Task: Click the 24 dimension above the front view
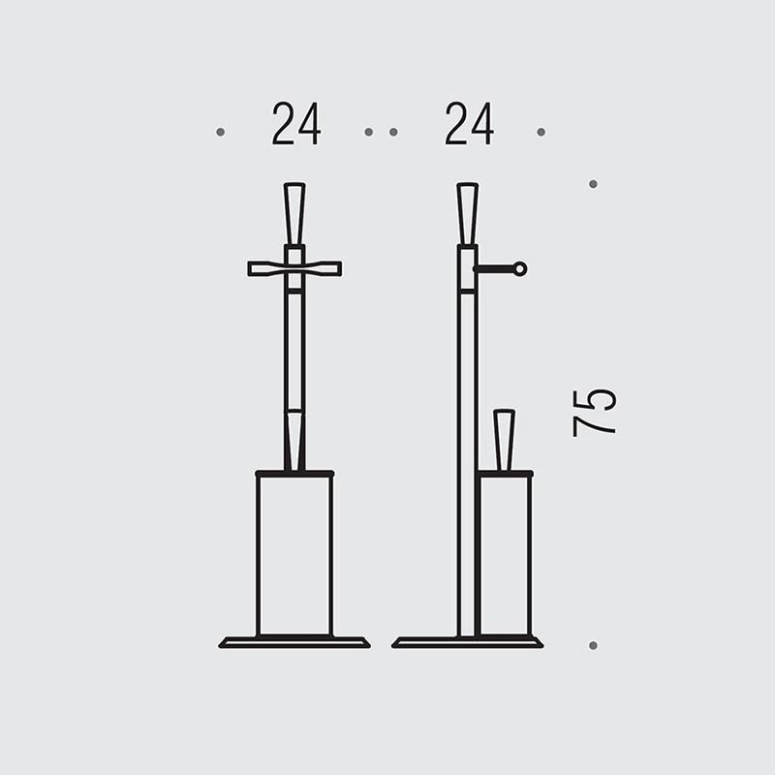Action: click(x=296, y=124)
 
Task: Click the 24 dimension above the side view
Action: click(x=469, y=124)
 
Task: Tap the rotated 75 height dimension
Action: click(x=594, y=414)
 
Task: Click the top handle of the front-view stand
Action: click(x=294, y=214)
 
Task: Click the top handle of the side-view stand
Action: click(x=468, y=214)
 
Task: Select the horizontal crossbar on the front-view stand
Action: click(x=294, y=269)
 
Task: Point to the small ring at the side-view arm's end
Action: click(x=519, y=269)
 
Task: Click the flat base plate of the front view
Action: click(x=294, y=642)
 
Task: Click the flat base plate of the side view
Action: click(x=468, y=642)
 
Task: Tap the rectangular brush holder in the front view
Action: click(x=294, y=553)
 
